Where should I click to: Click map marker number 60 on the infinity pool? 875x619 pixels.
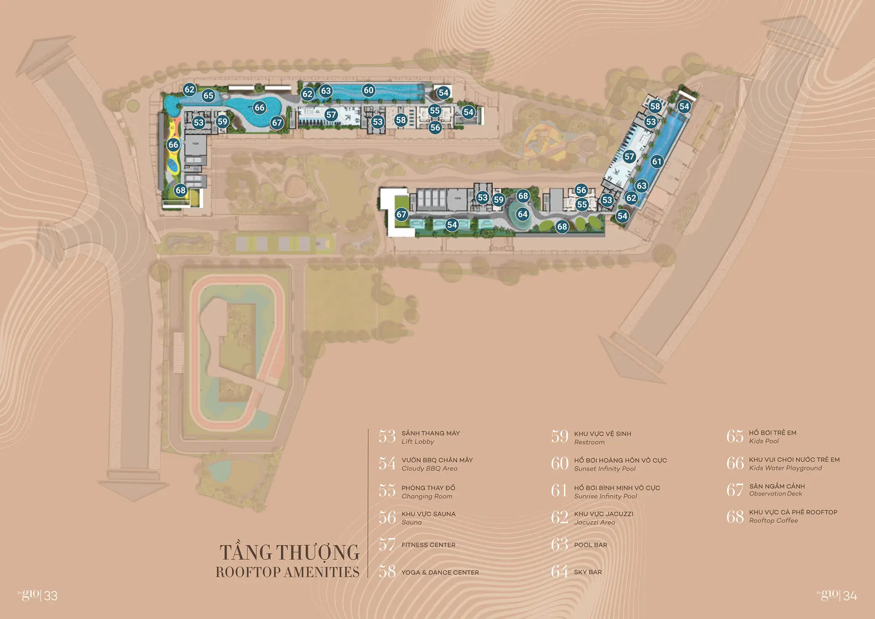368,90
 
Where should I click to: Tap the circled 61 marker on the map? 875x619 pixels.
657,161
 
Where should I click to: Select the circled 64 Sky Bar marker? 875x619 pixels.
523,214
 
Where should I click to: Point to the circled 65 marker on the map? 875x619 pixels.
208,96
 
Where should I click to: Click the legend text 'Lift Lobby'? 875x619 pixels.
417,442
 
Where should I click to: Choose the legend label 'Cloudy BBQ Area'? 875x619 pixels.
429,469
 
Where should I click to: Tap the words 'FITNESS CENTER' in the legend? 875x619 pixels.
428,545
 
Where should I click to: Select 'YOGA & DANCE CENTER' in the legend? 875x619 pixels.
440,573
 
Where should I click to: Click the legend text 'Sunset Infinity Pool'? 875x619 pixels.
605,469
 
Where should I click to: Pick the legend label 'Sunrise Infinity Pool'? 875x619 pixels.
605,496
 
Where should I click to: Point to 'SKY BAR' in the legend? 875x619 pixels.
587,572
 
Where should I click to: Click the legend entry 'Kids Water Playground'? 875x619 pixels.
785,468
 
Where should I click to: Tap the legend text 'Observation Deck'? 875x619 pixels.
775,494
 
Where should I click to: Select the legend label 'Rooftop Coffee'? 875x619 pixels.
773,521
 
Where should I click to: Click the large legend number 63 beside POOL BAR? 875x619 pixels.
560,544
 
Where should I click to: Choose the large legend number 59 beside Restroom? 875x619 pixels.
560,437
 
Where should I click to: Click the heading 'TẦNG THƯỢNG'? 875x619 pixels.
290,552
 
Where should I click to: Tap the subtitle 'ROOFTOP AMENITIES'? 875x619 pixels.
288,572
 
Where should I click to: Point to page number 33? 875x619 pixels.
51,596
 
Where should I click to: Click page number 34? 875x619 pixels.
850,596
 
